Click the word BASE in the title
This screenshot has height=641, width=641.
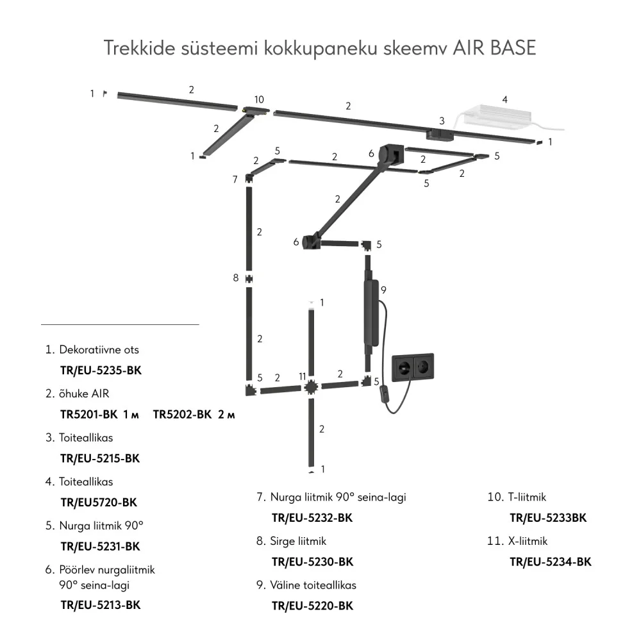[513, 48]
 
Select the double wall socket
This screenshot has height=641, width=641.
[413, 367]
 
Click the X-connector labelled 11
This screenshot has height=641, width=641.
[311, 387]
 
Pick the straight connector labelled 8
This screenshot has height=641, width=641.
[249, 279]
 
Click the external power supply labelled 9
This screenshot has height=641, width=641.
[371, 313]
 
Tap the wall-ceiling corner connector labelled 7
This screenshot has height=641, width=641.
[249, 179]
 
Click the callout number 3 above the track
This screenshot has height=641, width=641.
[442, 121]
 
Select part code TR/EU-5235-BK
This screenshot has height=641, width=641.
[101, 370]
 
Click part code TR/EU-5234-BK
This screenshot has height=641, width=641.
[550, 562]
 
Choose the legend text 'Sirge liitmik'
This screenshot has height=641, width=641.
[298, 541]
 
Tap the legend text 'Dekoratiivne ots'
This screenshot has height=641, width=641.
[99, 349]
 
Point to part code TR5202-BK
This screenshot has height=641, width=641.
[182, 415]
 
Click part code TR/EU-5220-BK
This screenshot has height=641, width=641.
[312, 606]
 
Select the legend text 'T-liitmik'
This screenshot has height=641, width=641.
[527, 497]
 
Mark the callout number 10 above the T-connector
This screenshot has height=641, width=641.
[259, 99]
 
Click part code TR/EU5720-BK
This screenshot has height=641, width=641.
[99, 503]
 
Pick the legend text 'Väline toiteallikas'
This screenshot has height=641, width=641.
[313, 585]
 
